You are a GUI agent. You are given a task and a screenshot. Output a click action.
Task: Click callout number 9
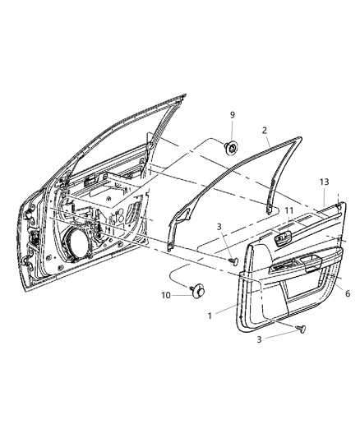coord(232,114)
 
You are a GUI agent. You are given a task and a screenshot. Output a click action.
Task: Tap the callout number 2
coord(264,131)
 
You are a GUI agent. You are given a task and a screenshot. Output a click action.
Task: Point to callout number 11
coord(288,211)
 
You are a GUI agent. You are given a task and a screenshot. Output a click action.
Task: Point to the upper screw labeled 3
coord(233,260)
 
